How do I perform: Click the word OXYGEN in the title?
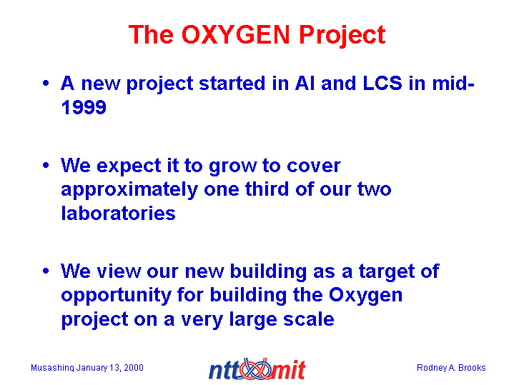click(236, 34)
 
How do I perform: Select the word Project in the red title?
click(342, 36)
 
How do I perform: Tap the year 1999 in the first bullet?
click(84, 107)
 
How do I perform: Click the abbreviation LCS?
click(382, 84)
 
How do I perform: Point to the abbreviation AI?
click(305, 84)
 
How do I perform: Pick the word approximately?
click(129, 191)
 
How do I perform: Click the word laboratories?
click(119, 214)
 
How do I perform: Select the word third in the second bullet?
click(267, 189)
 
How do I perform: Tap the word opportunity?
click(117, 296)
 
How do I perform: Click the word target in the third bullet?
click(382, 272)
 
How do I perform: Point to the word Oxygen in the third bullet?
click(365, 296)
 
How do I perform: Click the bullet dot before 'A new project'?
click(46, 83)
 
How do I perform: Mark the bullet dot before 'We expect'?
click(46, 165)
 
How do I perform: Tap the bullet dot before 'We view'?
click(46, 271)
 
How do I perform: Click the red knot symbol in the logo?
click(256, 369)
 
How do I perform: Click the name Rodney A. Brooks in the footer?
click(451, 368)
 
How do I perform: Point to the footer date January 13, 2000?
click(110, 368)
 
